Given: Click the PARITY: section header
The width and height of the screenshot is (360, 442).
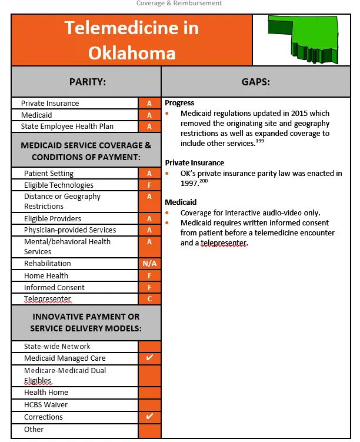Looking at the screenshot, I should pos(86,82).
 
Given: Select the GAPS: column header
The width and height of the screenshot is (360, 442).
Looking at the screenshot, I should pos(255,82).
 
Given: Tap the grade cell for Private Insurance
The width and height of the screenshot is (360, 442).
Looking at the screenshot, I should pos(149,104).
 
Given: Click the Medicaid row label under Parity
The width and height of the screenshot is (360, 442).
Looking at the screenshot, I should pos(36,115).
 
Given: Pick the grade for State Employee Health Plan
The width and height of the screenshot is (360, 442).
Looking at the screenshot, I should pos(149,127).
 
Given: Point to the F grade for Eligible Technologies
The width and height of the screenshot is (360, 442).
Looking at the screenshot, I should pos(149,185).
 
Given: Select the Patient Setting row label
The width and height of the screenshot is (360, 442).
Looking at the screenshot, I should pos(49,174).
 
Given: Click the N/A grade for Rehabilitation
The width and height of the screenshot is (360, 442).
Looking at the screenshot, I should pos(149,264).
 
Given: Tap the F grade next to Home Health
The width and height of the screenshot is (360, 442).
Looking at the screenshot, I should pos(149,276).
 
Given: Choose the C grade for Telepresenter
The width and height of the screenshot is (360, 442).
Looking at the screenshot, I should pos(149,300).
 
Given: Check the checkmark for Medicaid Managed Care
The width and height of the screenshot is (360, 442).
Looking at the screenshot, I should pos(149,358).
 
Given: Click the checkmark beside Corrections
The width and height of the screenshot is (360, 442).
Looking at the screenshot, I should pos(149,417).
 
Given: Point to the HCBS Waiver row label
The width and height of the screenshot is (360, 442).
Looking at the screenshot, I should pos(46,405).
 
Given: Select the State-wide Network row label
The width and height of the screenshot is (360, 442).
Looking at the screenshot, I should pos(57,347).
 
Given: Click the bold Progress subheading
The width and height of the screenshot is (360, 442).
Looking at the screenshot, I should pos(179,103).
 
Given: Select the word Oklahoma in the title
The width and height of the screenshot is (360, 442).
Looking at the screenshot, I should pos(132,53).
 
